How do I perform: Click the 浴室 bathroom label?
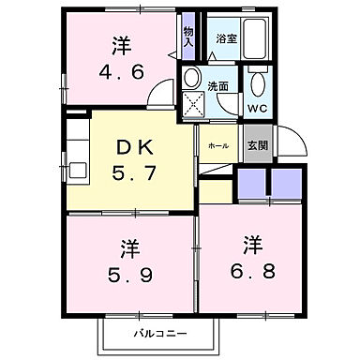point(225,39)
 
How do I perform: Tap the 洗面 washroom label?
point(217,84)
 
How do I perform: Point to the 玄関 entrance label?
point(256,146)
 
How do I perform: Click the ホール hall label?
point(217,147)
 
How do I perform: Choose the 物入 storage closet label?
point(188,37)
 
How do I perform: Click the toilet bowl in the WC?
point(258,82)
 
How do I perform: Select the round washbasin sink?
point(191,78)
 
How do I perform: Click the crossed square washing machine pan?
point(195,105)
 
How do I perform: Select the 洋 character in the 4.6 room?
point(119,44)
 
